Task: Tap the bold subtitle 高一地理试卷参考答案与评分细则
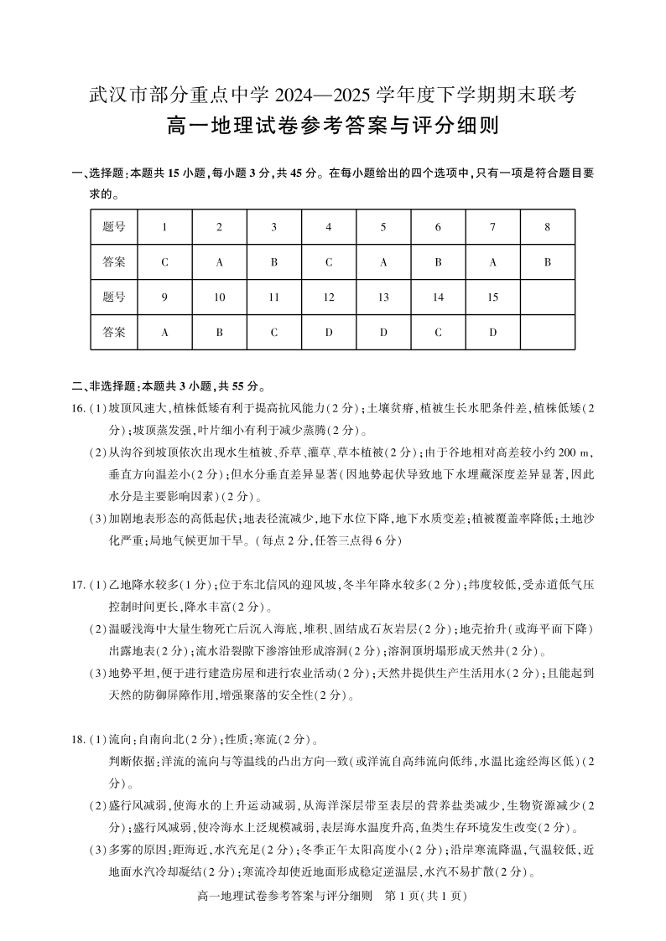(x=333, y=127)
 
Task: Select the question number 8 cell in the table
(x=547, y=226)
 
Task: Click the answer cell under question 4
(x=329, y=261)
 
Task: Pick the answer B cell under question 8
(x=547, y=261)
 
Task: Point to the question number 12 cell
(x=329, y=297)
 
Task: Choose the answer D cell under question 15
(x=492, y=332)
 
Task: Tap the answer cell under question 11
(x=274, y=332)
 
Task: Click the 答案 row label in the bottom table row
(x=115, y=332)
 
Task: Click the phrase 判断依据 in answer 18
(x=127, y=762)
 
